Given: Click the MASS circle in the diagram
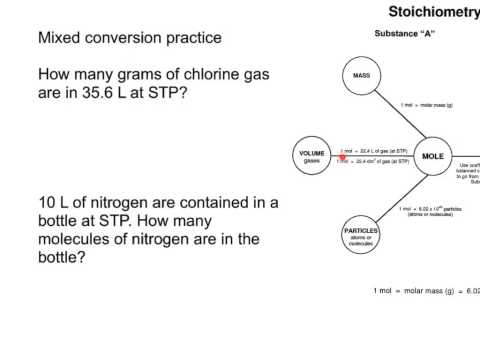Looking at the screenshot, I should coord(357,76).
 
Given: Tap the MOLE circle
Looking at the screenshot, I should coord(432,157).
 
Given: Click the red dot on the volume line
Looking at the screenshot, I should coord(344,156).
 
